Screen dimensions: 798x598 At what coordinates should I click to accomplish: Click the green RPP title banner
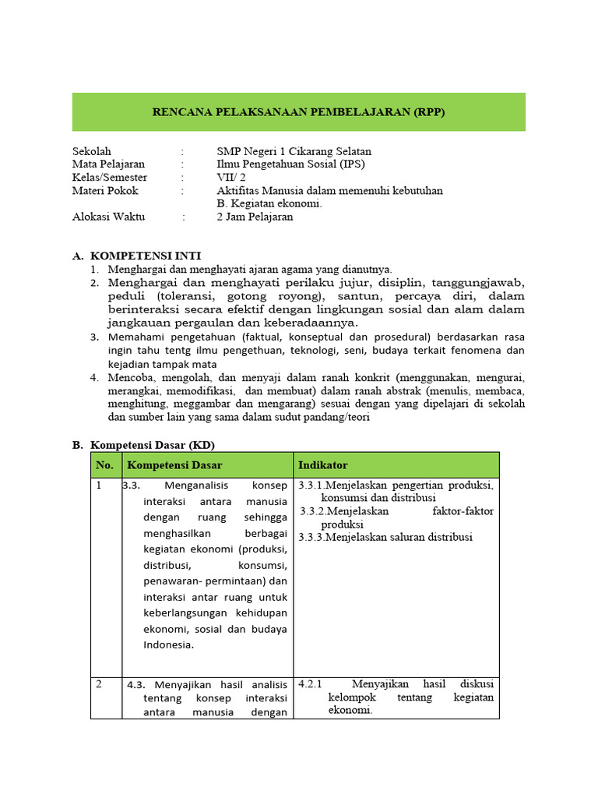298,112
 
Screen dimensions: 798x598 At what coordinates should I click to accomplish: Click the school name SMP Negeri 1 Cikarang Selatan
294,151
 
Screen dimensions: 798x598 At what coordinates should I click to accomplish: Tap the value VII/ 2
231,178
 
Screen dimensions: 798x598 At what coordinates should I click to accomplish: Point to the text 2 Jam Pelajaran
255,217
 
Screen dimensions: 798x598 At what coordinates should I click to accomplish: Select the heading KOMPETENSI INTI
146,256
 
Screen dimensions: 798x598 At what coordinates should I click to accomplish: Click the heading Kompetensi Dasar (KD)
152,444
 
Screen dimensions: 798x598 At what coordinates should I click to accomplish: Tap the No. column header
104,465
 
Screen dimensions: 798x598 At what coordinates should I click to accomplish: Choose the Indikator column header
322,465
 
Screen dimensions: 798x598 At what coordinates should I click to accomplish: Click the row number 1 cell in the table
99,486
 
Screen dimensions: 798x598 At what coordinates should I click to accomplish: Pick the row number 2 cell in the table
99,684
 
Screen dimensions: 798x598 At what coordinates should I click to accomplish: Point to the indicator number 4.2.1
310,684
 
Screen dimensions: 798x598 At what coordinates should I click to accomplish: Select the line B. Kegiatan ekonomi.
269,203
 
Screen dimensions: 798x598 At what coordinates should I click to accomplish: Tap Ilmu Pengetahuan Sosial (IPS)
290,164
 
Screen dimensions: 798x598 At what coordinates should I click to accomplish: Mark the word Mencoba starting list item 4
132,377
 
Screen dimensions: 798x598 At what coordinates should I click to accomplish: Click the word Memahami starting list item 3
135,337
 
